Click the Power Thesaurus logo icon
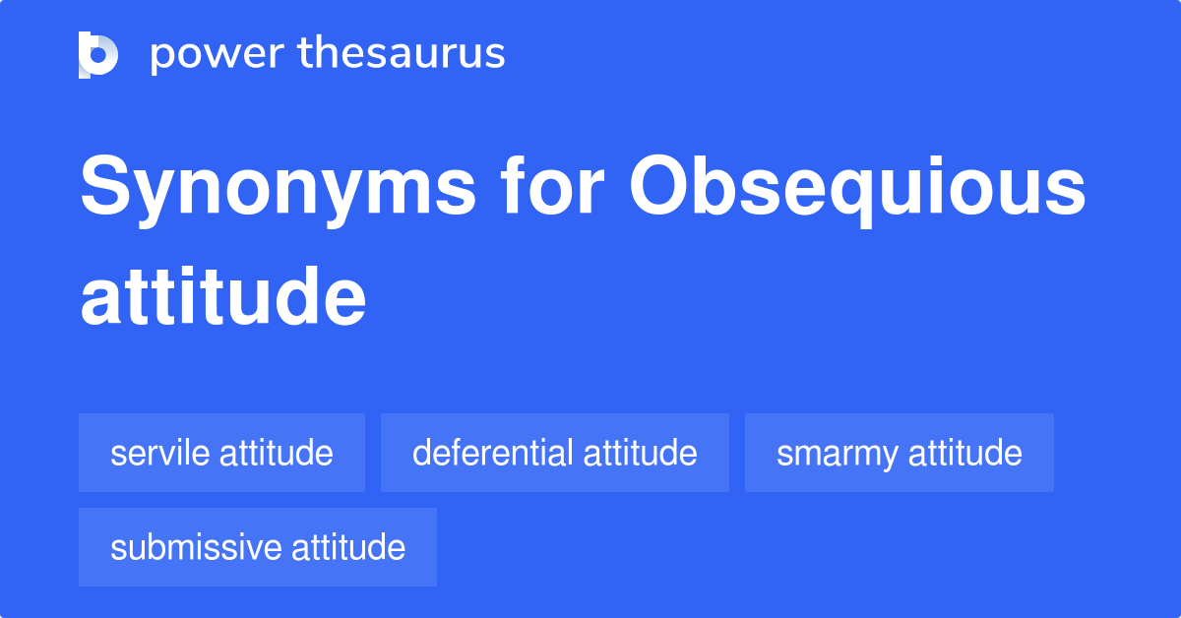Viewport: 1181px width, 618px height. (x=98, y=55)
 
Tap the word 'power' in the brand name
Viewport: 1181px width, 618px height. (x=218, y=55)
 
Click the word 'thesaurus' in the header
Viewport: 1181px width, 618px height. (x=402, y=52)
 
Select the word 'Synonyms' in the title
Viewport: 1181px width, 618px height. (x=279, y=191)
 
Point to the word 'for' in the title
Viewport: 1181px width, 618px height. (x=552, y=185)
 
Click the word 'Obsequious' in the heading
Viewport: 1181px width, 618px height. (x=857, y=190)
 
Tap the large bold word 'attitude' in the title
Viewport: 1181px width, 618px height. (x=223, y=296)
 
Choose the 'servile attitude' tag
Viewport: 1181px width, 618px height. (x=222, y=453)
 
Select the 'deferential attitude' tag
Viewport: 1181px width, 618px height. (x=555, y=453)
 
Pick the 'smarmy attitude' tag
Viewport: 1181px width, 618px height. (x=900, y=453)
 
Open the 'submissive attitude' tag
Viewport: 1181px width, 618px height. (x=258, y=547)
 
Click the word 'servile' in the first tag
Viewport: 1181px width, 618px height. (x=160, y=453)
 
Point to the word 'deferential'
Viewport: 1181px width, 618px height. (x=492, y=453)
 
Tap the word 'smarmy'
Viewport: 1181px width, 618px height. (x=838, y=456)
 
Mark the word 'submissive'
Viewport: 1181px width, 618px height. (x=196, y=547)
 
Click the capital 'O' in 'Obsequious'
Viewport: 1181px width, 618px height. (x=658, y=185)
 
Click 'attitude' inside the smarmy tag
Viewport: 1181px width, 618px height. (x=965, y=453)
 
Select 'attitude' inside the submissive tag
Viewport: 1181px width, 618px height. (x=348, y=547)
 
